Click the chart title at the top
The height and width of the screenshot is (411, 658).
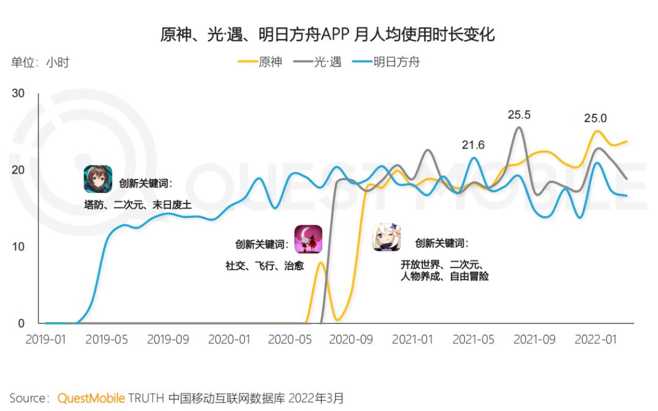click(327, 35)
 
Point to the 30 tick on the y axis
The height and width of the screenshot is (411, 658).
click(18, 93)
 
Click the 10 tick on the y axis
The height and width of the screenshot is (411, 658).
click(18, 247)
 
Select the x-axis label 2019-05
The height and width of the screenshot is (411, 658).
click(107, 339)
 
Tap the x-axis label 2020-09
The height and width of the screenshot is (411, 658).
click(350, 339)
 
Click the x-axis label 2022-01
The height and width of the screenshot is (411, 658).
click(595, 339)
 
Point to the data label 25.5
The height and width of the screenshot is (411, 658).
click(519, 114)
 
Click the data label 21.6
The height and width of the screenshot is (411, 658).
click(473, 144)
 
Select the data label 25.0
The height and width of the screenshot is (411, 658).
click(595, 118)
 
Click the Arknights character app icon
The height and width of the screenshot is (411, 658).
click(97, 179)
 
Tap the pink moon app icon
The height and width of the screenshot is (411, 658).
click(308, 239)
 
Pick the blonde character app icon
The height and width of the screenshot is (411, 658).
click(387, 238)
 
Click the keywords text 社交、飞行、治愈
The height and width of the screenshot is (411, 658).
click(264, 265)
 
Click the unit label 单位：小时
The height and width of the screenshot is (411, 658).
click(40, 63)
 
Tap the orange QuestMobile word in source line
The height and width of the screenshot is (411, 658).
click(91, 399)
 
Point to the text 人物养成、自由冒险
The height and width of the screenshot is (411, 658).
click(444, 276)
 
